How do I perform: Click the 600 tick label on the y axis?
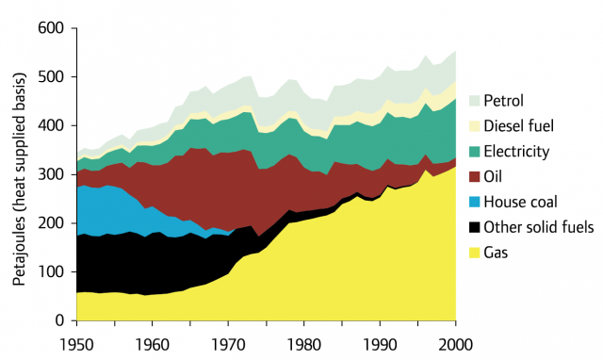[50, 28]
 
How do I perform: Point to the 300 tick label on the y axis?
[50, 174]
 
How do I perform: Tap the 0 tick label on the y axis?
[59, 320]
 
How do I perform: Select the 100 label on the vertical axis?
[50, 272]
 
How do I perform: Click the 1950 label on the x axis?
[77, 344]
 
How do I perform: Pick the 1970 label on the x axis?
[228, 344]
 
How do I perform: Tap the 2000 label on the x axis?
[456, 344]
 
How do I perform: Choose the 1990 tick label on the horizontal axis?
[381, 344]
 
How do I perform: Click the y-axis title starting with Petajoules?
[19, 178]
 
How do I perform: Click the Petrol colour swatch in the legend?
[475, 101]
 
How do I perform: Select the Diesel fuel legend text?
[519, 125]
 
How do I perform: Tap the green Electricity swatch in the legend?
[475, 152]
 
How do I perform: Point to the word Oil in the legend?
[493, 176]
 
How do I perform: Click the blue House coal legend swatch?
[475, 202]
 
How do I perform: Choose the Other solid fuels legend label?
[539, 227]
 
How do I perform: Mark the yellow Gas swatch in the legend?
[475, 253]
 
